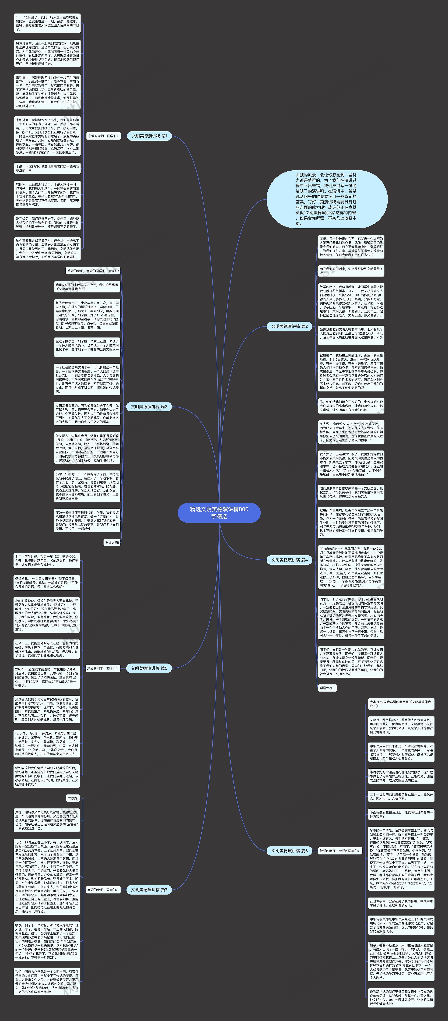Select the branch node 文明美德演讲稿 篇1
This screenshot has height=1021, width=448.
(x=149, y=136)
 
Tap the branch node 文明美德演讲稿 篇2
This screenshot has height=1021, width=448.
(x=289, y=326)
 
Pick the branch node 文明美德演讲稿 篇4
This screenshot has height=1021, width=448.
(x=289, y=560)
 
